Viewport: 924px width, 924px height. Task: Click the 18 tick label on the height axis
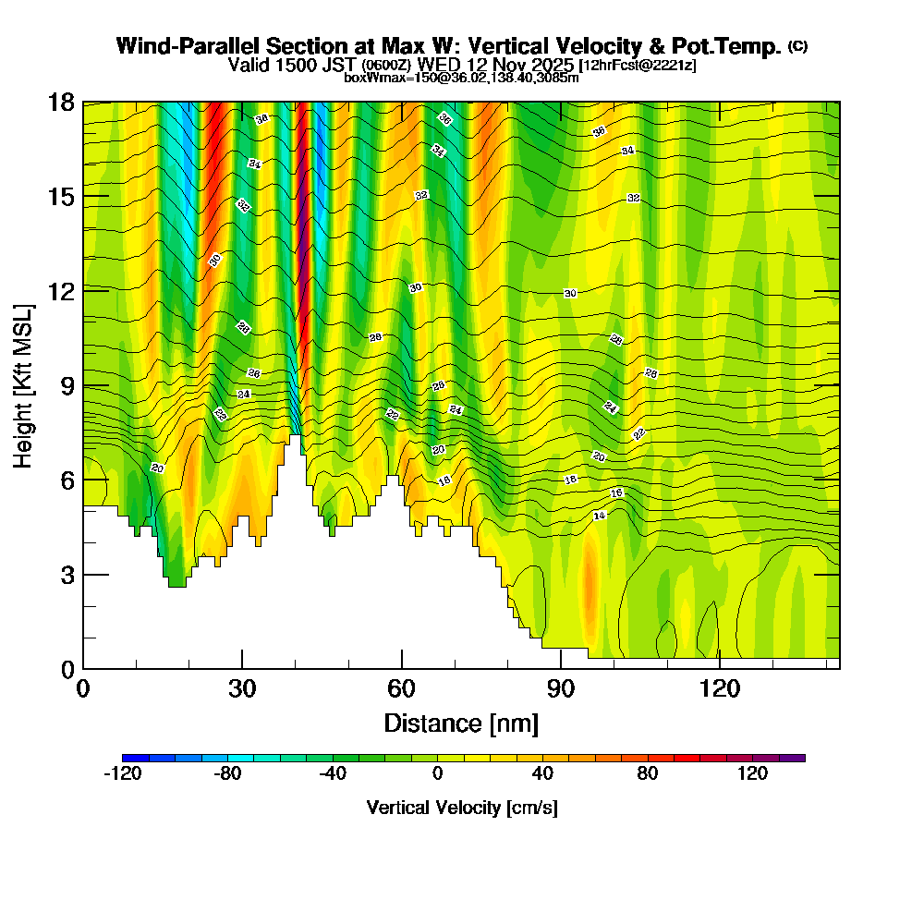(x=61, y=102)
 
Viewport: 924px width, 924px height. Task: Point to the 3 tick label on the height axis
(x=67, y=575)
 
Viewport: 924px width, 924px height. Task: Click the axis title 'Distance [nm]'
(x=461, y=723)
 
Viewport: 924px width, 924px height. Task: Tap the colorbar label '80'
(x=647, y=773)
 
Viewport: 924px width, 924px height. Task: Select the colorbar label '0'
(x=437, y=773)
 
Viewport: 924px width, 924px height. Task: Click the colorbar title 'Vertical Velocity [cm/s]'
(x=462, y=808)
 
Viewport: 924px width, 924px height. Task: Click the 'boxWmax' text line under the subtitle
(x=461, y=78)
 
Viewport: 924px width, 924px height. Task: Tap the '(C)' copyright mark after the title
(x=797, y=45)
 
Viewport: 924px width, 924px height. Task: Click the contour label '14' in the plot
(x=600, y=516)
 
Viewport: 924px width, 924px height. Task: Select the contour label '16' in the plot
(x=617, y=492)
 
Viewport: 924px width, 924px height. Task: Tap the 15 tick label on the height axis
(x=61, y=197)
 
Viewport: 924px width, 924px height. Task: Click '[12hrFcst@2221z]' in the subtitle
(x=638, y=66)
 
